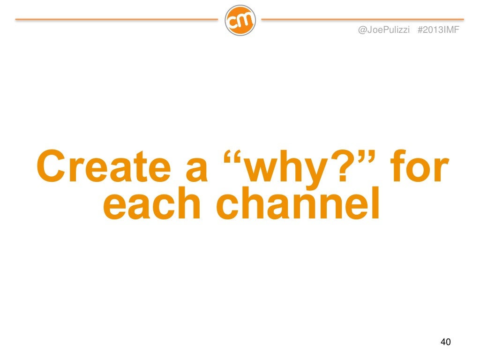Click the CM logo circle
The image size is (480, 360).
[x=240, y=20]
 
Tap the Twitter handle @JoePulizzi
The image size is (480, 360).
[x=384, y=30]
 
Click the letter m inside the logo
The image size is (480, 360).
[x=245, y=21]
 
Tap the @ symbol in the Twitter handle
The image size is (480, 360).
[x=361, y=30]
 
